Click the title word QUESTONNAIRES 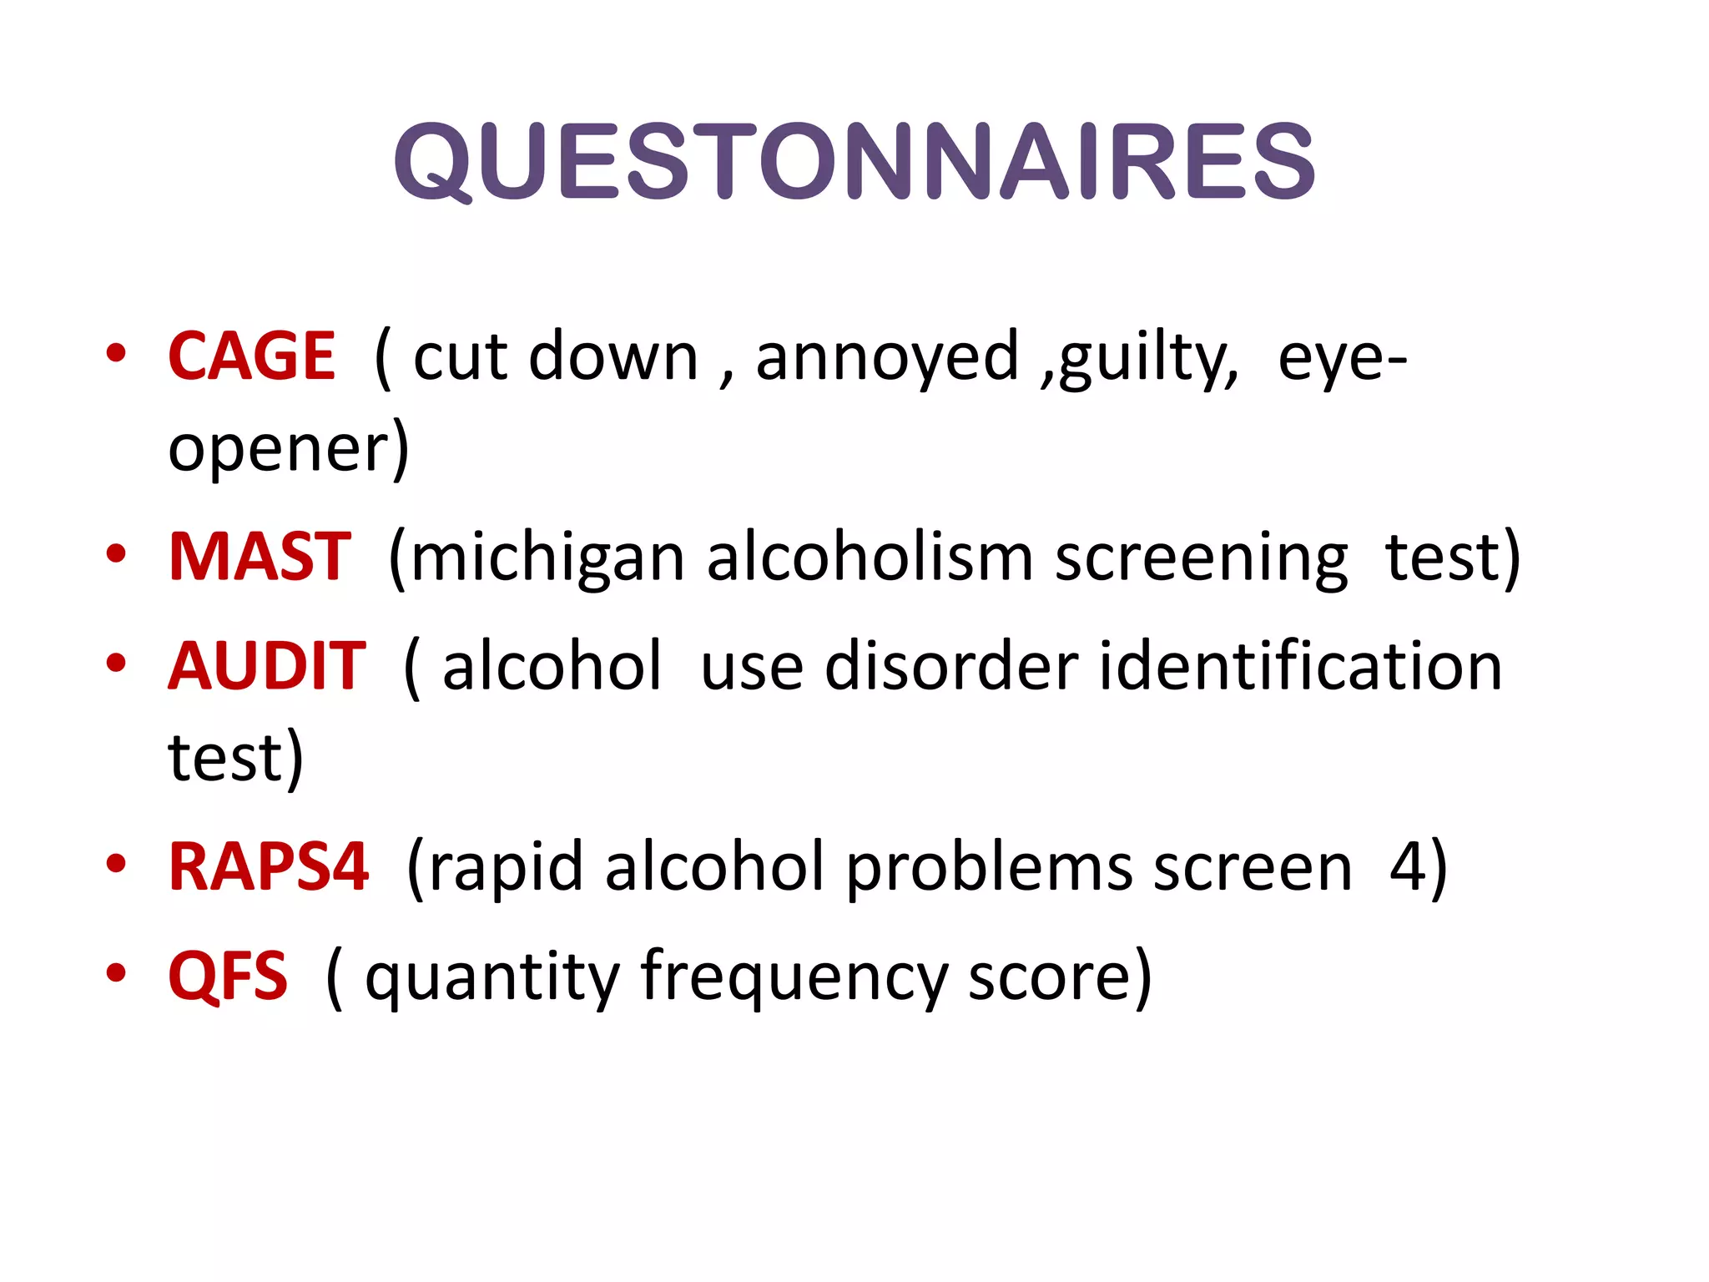[854, 161]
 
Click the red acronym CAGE [251, 356]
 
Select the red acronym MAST [260, 557]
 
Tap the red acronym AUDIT [267, 666]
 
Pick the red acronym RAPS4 [268, 867]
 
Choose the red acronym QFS [228, 976]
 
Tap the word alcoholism [870, 557]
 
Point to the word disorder [951, 666]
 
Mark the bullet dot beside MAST [116, 554]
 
